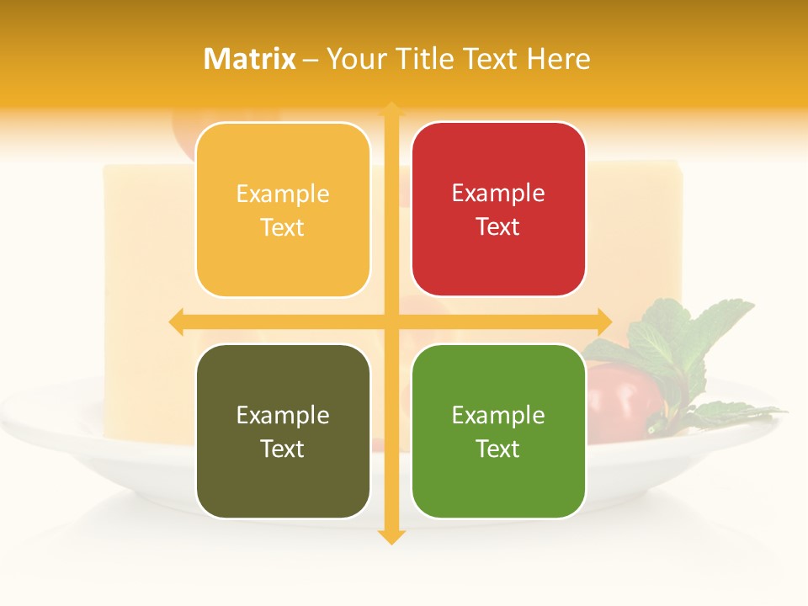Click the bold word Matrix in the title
250,59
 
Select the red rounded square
498,209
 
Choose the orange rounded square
283,210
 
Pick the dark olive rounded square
283,431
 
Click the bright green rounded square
498,431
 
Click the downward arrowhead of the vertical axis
391,536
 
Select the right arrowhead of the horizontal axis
603,322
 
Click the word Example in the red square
498,193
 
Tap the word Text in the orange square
283,227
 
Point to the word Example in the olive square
283,415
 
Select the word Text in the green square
498,449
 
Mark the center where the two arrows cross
391,322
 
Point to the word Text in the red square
498,226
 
